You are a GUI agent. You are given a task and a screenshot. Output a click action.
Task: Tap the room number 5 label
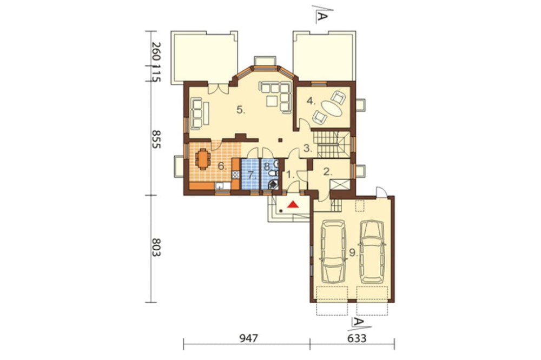(241, 110)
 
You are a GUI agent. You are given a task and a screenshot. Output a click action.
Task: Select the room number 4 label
(311, 101)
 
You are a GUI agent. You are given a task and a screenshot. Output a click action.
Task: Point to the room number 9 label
(353, 253)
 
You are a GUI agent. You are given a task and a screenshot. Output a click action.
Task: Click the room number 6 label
(222, 166)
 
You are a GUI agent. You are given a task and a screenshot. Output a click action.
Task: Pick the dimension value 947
(248, 338)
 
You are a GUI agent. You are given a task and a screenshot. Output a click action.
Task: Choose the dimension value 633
(357, 338)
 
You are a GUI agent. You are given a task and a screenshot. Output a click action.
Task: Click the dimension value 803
(156, 247)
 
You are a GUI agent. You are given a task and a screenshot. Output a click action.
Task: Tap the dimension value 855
(156, 139)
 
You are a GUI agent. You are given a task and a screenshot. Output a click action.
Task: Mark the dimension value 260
(156, 52)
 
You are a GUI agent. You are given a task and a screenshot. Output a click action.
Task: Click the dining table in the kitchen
(202, 159)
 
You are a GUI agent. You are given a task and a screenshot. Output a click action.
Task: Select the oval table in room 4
(333, 109)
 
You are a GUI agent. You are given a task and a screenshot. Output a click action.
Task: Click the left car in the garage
(333, 252)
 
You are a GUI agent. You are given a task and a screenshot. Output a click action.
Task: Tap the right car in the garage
(372, 252)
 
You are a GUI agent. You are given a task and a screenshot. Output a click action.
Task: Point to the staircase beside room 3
(331, 144)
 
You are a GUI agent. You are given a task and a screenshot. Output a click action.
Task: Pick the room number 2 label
(327, 172)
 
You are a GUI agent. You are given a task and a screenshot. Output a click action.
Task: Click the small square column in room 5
(280, 140)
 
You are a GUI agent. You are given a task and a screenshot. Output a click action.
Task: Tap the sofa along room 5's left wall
(197, 113)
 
